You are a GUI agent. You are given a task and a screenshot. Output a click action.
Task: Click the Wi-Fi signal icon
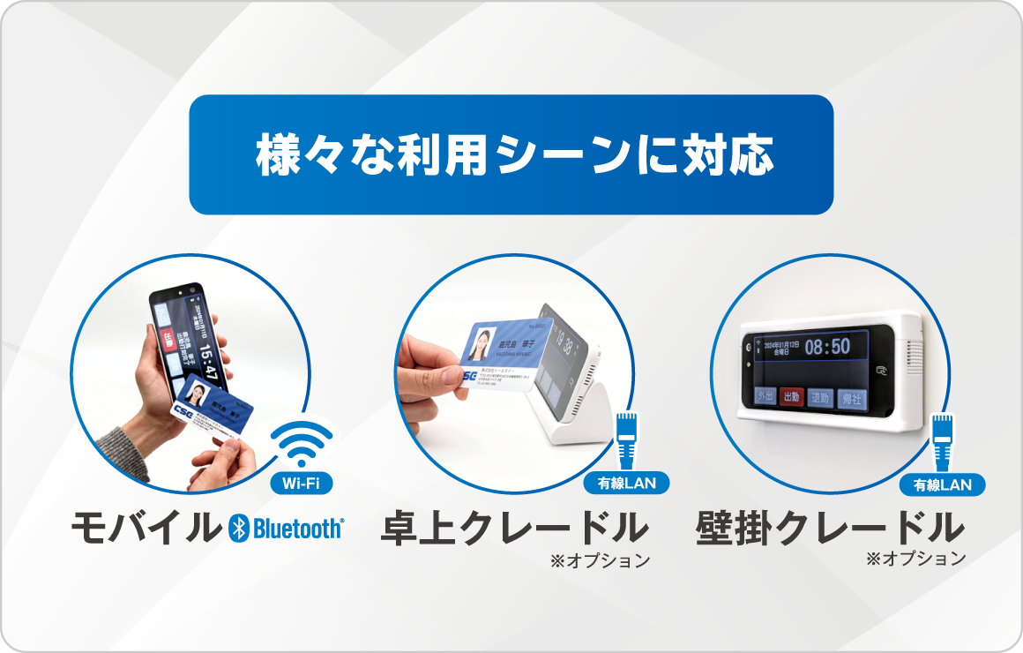point(302,443)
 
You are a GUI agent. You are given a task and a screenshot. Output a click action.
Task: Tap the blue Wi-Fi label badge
point(302,484)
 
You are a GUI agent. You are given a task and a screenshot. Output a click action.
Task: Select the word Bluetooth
point(297,529)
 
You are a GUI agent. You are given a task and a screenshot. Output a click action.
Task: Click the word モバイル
point(144,528)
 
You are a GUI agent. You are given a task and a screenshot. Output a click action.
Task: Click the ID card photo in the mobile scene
point(198,394)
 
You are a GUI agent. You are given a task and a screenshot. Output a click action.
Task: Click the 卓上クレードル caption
point(514,528)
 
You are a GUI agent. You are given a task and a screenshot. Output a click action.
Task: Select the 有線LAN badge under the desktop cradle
point(626,484)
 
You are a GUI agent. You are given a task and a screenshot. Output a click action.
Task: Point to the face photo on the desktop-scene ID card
point(486,341)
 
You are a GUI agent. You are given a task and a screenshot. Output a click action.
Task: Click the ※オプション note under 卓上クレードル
point(600,559)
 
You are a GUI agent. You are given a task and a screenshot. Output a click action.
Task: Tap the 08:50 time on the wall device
point(827,346)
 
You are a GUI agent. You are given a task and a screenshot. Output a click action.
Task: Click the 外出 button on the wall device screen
point(765,398)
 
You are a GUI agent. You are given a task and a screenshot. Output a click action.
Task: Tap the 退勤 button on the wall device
point(821,398)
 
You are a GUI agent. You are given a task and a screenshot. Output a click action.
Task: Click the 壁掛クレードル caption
point(829,528)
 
